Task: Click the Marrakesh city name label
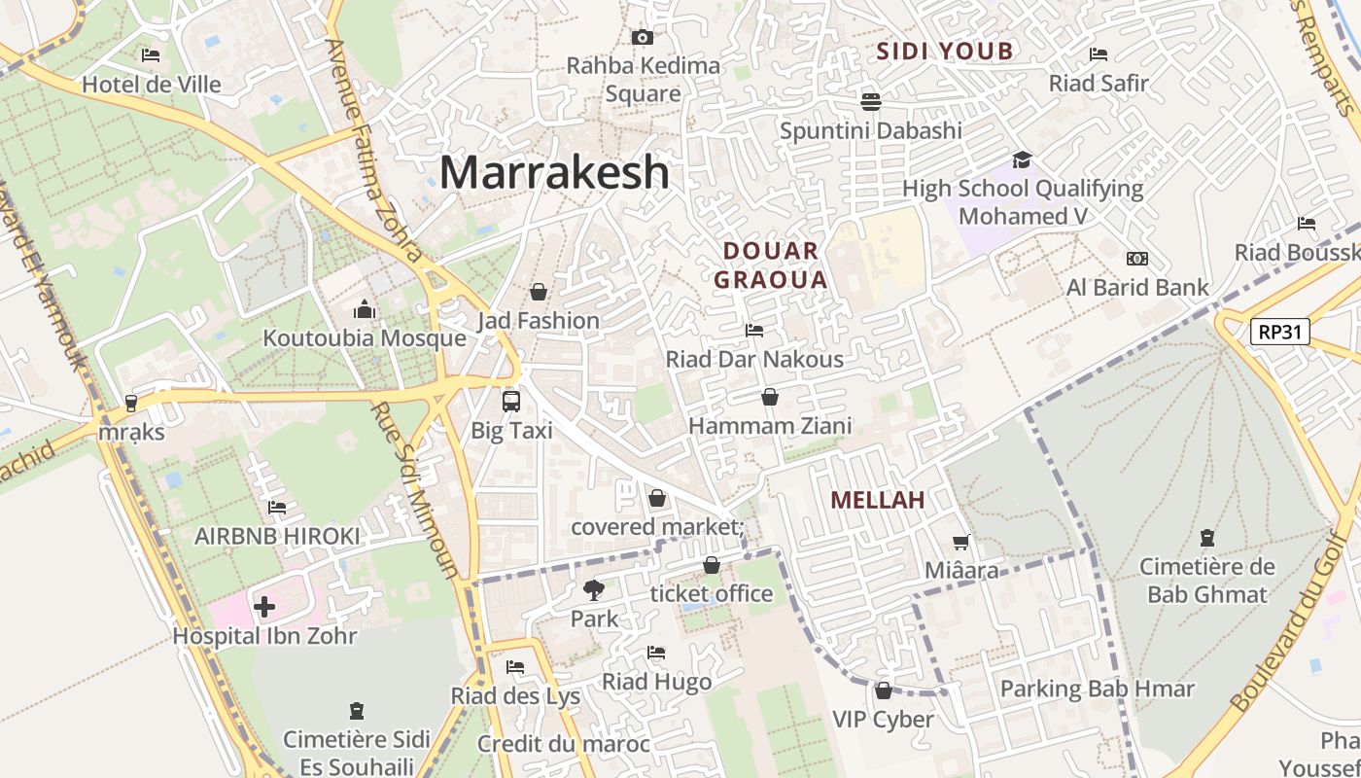click(x=554, y=173)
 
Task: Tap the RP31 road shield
click(x=1279, y=333)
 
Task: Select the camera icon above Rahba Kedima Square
click(x=642, y=37)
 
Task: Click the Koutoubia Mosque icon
click(x=365, y=309)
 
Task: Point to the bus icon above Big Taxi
click(x=511, y=400)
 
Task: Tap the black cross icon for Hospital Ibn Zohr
click(x=263, y=608)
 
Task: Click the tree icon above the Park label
click(x=593, y=589)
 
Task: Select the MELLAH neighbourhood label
click(x=877, y=501)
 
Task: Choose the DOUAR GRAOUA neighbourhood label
click(x=771, y=265)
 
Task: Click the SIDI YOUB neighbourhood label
click(x=945, y=52)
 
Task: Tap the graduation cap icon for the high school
click(x=1021, y=159)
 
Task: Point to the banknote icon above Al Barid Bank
click(x=1136, y=259)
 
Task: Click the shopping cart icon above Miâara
click(x=960, y=542)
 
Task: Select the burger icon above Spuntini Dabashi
click(x=870, y=101)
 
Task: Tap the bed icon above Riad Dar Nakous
click(x=753, y=331)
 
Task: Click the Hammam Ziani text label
click(x=770, y=426)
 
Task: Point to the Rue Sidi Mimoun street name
click(x=413, y=490)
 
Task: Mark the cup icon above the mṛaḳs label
click(x=131, y=403)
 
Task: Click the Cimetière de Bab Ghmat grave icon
click(x=1206, y=537)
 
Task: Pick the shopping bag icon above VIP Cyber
click(x=883, y=690)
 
